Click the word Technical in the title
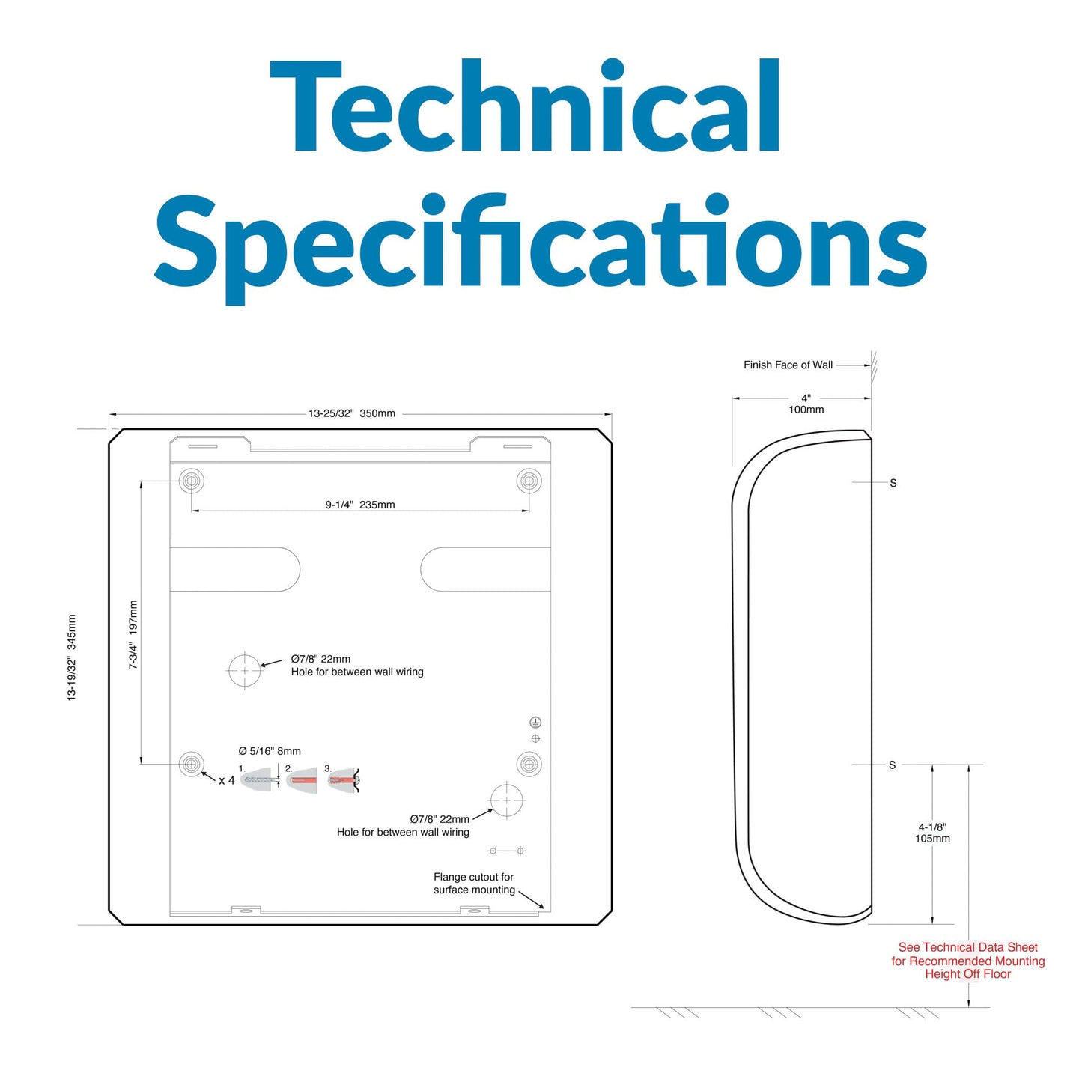click(x=524, y=106)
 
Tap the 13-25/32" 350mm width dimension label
click(x=351, y=413)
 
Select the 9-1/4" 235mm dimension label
click(x=360, y=505)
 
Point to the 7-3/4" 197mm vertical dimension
click(x=133, y=635)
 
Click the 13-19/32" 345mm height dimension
click(x=71, y=657)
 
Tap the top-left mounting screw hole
click(x=192, y=481)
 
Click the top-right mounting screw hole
click(x=529, y=481)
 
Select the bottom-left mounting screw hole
click(x=192, y=764)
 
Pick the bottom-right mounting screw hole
click(x=529, y=764)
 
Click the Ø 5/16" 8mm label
click(x=270, y=751)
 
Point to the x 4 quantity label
click(x=227, y=780)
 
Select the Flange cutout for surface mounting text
click(x=474, y=884)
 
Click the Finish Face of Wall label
click(x=788, y=365)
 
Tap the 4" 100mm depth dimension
click(x=806, y=404)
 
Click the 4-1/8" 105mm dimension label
click(x=933, y=833)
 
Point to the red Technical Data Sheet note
click(x=968, y=961)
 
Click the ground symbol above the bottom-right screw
click(x=535, y=723)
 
